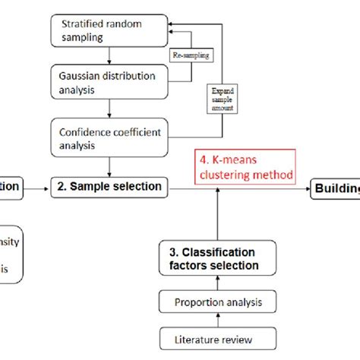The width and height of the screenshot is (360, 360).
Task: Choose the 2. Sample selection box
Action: pos(117,186)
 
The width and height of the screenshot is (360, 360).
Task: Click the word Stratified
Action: pos(81,22)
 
